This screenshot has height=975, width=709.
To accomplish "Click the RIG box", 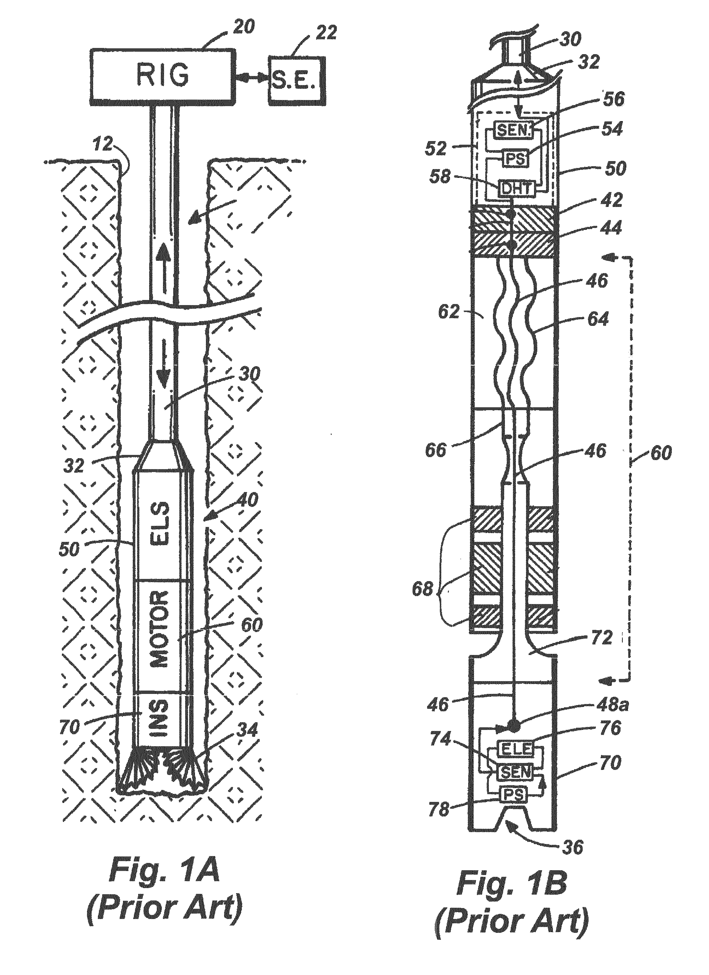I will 163,76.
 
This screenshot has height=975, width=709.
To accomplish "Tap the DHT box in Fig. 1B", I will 516,189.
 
